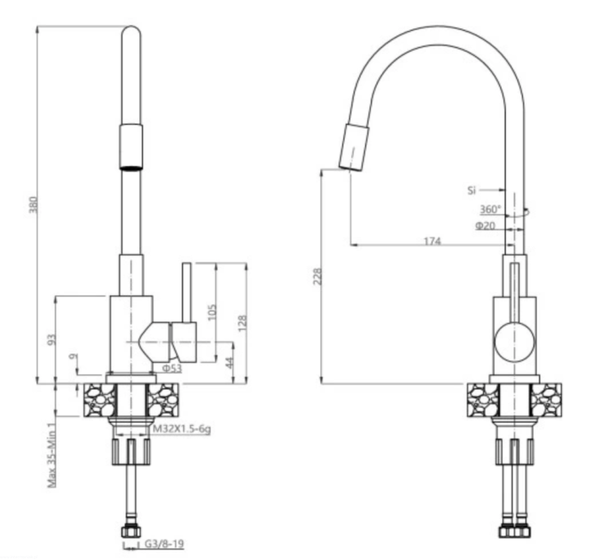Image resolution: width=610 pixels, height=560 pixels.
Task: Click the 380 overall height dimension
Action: point(33,205)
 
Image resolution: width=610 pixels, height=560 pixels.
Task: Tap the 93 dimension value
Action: point(52,339)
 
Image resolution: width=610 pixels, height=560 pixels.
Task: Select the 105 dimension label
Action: point(212,312)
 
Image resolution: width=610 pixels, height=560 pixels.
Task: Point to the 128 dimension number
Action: point(242,323)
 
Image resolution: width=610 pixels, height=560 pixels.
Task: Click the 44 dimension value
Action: point(229,362)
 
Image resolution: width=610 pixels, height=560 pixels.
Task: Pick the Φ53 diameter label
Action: point(172,369)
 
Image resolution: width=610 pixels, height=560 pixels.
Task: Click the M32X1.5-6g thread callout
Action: point(181,429)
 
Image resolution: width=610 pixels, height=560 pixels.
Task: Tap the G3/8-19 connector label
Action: point(164,544)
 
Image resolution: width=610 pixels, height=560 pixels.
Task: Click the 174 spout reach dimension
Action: point(432,241)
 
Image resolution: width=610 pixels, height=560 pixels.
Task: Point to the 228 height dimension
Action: point(318,276)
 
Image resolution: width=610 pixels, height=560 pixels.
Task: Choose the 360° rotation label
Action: point(490,209)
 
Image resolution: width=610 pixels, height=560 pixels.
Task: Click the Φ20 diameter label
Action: point(485,225)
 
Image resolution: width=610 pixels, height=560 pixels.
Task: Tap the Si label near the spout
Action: point(472,190)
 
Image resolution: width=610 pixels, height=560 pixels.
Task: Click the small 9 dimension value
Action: point(73,357)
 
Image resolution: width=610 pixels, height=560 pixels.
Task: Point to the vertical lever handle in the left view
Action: point(187,293)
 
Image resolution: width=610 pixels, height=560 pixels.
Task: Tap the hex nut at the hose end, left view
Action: point(131,532)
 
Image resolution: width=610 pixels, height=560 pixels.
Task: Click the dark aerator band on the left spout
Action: point(131,168)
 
